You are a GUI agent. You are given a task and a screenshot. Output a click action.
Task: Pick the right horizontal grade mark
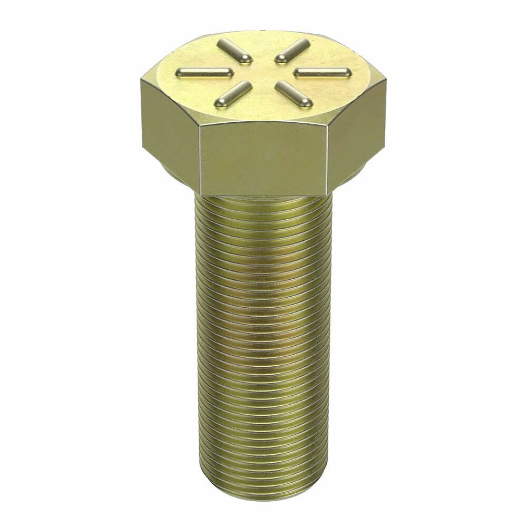[x=323, y=71]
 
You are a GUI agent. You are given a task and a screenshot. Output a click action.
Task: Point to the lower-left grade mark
[x=233, y=92]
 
